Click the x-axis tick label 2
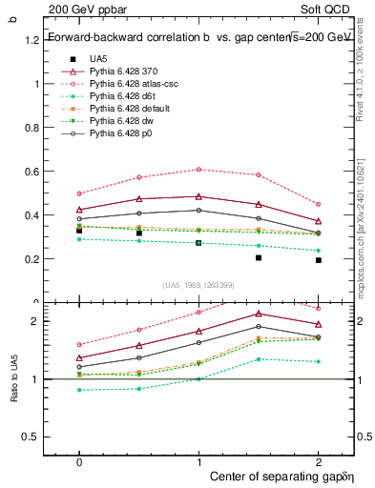318,460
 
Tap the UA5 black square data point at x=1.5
259,258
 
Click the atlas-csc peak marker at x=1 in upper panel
198,169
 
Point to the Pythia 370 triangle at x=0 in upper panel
79,210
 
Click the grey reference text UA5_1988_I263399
198,285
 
